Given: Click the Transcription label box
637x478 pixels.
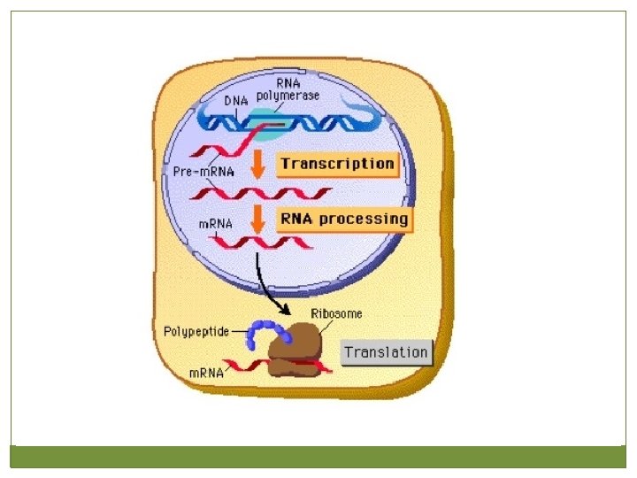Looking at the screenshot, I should coord(337,164).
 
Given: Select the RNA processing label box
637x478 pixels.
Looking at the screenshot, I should coord(344,218).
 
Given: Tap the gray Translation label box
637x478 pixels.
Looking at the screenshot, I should coord(386,352).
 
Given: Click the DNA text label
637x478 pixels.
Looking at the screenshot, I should coord(235,101).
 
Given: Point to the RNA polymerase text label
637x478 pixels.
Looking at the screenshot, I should coord(288,89).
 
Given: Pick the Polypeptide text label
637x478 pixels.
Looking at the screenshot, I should coord(196,332).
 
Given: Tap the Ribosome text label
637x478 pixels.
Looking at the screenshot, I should coord(336,313).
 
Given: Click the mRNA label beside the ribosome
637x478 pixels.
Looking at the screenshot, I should coord(206,373).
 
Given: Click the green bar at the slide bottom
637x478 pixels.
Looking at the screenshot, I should coord(318,456).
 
